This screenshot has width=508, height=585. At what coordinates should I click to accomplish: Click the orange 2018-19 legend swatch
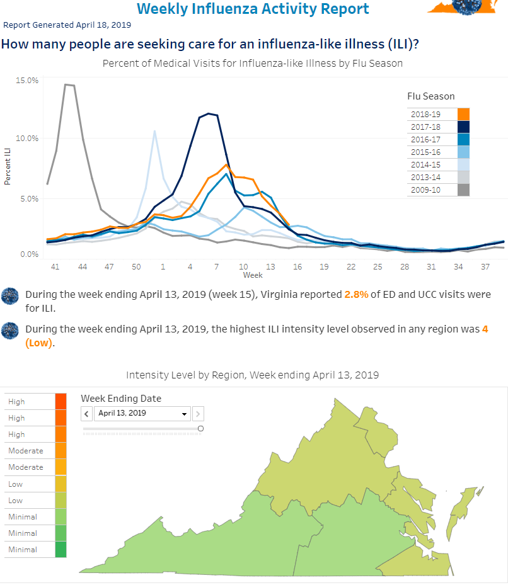point(463,114)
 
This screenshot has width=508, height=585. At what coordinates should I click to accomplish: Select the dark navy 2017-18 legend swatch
point(463,127)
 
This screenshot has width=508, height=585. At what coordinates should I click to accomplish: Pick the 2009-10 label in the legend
point(425,190)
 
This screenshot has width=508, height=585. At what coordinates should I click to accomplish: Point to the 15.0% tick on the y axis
point(27,80)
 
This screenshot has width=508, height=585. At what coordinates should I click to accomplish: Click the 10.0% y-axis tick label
point(27,138)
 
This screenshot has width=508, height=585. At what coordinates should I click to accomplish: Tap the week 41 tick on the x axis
point(55,267)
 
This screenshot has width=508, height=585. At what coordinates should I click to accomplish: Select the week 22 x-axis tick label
point(350,267)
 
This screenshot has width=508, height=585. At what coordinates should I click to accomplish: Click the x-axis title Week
point(253,275)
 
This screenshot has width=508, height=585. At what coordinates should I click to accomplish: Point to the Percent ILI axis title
point(7,166)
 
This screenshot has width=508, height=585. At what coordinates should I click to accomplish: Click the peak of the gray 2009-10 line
point(66,84)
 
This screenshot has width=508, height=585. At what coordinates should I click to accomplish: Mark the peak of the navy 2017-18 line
point(209,113)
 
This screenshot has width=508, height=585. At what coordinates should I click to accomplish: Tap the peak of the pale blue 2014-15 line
point(154,131)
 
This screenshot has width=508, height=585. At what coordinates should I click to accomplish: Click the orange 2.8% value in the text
point(356,294)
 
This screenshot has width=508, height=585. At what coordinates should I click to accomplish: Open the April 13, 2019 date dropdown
point(142,413)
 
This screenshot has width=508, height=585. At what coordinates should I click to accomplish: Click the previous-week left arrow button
point(86,413)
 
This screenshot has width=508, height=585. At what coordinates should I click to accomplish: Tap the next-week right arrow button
point(198,413)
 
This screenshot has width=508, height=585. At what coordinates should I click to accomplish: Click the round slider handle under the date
point(200,428)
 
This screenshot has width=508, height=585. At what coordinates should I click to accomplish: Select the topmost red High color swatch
point(61,402)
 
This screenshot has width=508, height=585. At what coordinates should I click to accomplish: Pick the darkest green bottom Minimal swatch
point(61,549)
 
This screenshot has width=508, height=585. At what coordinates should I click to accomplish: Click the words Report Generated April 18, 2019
point(67,25)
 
